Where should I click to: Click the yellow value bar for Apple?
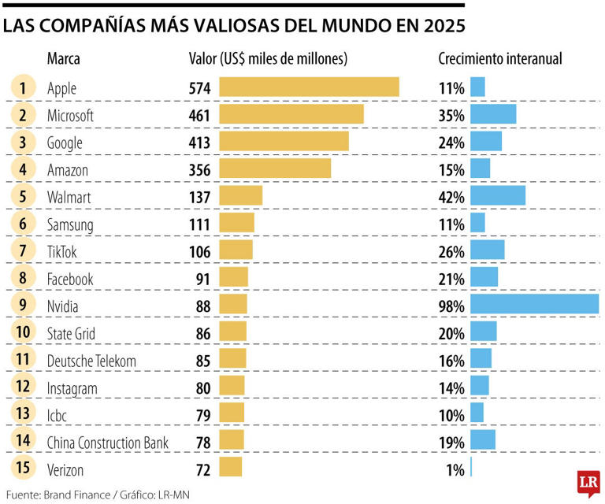[x=309, y=87]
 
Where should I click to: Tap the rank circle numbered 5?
[x=24, y=196]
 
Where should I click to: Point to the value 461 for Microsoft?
[x=199, y=115]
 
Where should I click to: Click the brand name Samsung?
[x=70, y=224]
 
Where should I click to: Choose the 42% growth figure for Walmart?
[x=451, y=197]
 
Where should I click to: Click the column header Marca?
[x=64, y=59]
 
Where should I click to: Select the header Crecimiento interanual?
[x=499, y=59]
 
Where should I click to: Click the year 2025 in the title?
[x=437, y=25]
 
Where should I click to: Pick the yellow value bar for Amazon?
[x=275, y=169]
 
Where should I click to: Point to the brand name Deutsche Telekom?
[x=92, y=361]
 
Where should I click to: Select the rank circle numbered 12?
[x=24, y=387]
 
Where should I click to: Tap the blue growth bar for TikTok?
[x=488, y=250]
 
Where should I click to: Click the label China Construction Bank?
[x=108, y=443]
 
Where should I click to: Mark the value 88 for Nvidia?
[x=203, y=306]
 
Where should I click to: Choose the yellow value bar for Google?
[x=284, y=142]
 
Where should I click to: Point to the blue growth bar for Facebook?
[x=484, y=278]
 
